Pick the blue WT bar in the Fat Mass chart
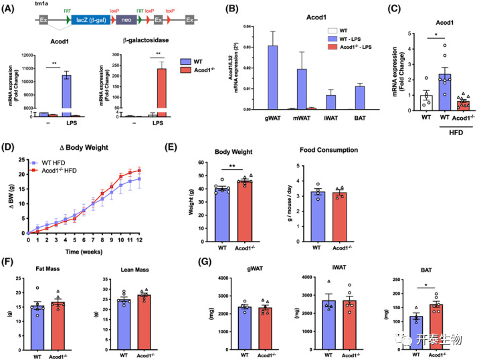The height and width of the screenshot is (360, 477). (x=39, y=324)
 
